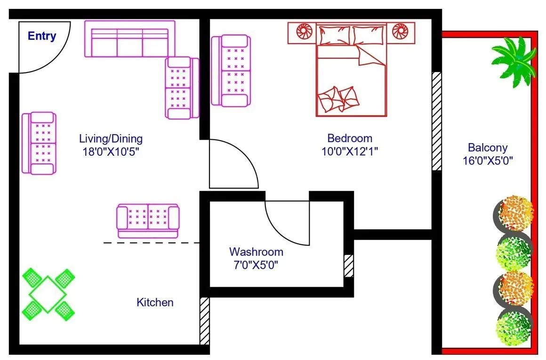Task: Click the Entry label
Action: (42, 36)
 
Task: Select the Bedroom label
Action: (350, 138)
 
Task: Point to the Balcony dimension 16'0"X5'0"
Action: (487, 160)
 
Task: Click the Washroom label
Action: (256, 252)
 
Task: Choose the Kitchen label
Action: (155, 302)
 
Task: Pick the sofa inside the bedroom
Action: (231, 71)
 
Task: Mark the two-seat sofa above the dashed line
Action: (148, 220)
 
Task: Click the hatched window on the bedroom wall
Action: (436, 121)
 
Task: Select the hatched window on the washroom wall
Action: (348, 266)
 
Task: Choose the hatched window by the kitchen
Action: (204, 320)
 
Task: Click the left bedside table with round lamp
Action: (301, 32)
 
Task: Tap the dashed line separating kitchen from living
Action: (151, 243)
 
